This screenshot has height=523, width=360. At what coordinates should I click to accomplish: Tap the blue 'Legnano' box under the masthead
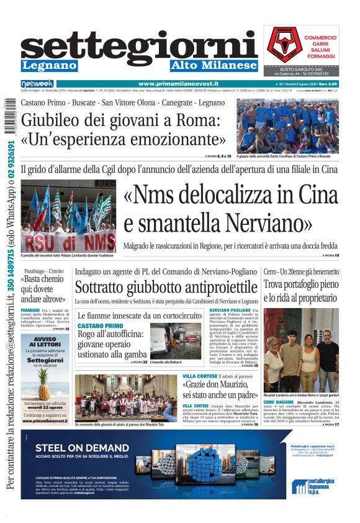(x=49, y=65)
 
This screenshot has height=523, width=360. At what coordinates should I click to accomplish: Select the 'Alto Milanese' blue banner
(x=214, y=65)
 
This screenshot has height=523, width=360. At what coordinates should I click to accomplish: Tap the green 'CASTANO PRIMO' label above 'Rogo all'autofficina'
(x=100, y=326)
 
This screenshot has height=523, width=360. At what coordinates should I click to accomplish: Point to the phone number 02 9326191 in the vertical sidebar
(x=12, y=166)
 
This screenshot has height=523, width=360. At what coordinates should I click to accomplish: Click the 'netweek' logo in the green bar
(x=37, y=83)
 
